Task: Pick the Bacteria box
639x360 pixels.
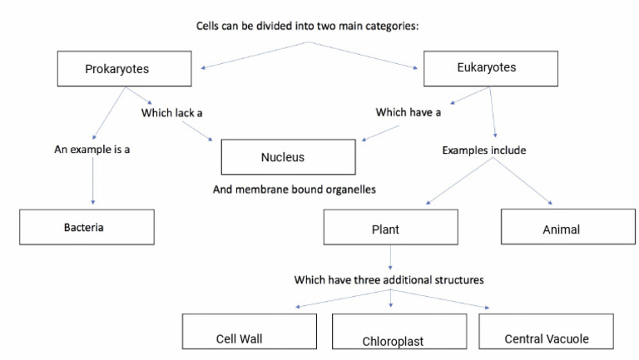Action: pos(87,226)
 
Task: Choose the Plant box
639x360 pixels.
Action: pos(390,227)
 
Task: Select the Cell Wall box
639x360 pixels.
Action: pos(250,333)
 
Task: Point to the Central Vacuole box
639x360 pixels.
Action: pos(547,332)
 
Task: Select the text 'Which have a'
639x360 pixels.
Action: pos(408,112)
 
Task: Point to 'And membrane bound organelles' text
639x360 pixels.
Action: pos(295,190)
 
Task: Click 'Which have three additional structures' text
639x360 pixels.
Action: pos(389,279)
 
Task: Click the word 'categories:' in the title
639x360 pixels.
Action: pos(388,26)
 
